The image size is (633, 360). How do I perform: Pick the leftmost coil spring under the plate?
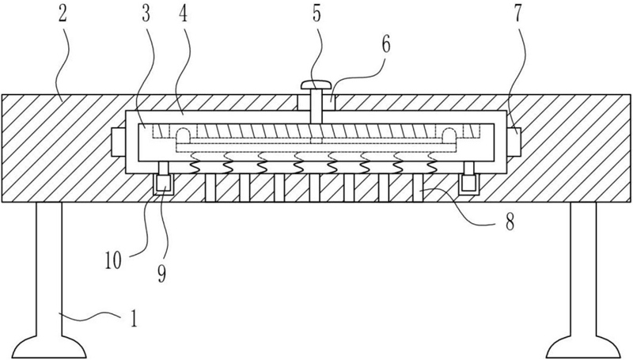click(193, 164)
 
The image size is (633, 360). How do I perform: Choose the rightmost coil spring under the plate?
click(431, 164)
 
